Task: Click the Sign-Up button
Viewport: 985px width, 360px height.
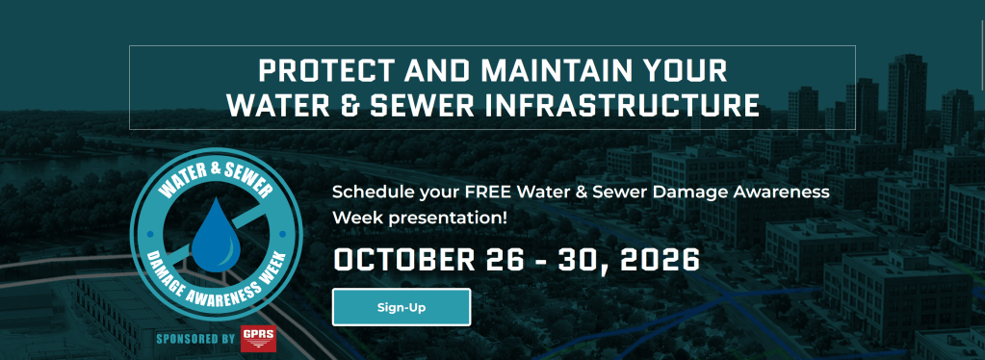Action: [402, 307]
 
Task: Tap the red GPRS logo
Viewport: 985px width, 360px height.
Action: [257, 339]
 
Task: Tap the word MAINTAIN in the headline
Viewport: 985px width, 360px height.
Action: [562, 71]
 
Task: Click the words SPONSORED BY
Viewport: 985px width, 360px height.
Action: [195, 339]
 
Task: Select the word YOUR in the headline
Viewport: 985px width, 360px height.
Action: [687, 71]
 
